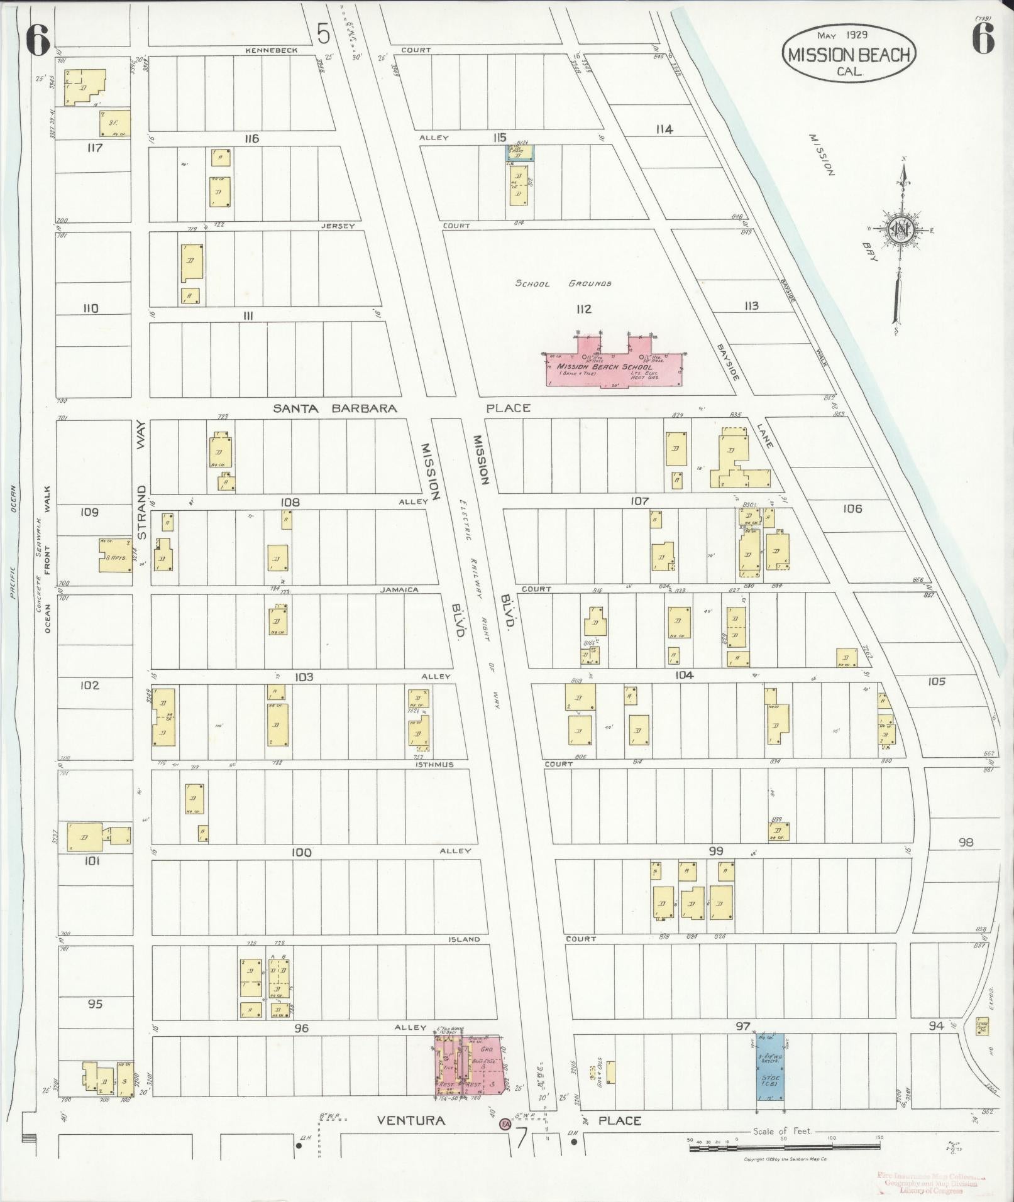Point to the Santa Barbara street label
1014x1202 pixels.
point(334,408)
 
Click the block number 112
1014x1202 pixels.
point(583,309)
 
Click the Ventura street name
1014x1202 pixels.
point(411,1120)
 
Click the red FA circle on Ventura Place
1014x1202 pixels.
point(504,1123)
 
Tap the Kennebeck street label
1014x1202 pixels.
point(271,50)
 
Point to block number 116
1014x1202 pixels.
point(251,138)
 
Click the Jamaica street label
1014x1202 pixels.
point(399,590)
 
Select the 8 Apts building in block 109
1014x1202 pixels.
point(115,555)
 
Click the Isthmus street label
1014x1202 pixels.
point(434,765)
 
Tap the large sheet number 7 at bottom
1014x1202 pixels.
point(521,1139)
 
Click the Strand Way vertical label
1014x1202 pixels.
point(141,484)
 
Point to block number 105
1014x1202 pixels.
point(936,681)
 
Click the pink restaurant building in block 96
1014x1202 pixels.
point(470,1066)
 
